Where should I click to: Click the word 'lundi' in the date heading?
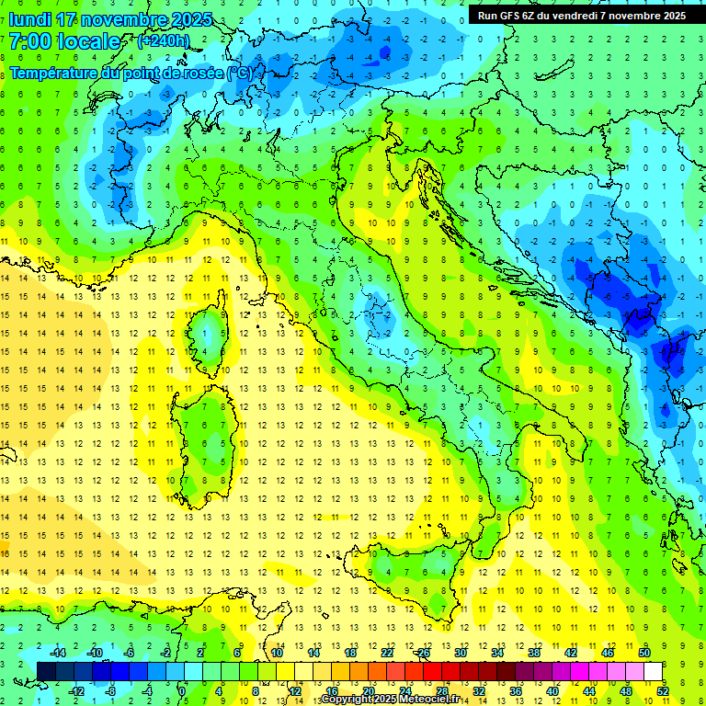coord(29,19)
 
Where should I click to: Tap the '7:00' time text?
coord(29,41)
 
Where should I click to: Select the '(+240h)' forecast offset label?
coord(163,41)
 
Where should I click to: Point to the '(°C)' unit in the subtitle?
coord(239,72)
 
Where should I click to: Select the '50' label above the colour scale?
coord(643,653)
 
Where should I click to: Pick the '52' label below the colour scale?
coord(662,690)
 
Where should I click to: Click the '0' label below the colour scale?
coord(183,690)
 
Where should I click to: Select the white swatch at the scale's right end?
coord(653,671)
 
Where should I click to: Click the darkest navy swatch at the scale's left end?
coord(46,671)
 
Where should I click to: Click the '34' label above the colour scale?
coord(496,653)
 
